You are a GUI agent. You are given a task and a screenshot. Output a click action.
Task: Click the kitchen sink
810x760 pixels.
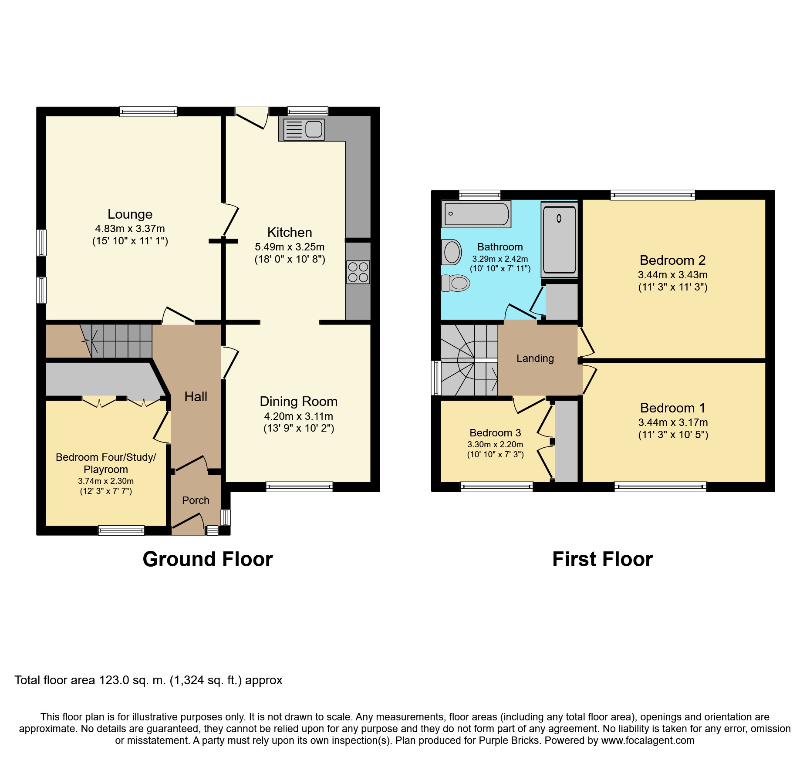(304, 129)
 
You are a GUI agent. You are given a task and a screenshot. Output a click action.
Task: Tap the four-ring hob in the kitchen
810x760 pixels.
(358, 272)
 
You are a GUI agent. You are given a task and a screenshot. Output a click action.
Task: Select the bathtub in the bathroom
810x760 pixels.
(476, 214)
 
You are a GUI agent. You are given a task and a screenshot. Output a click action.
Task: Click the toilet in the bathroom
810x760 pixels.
(456, 283)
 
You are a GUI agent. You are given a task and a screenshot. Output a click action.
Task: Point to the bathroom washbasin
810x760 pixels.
(451, 252)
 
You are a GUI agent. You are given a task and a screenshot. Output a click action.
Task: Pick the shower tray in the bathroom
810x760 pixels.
(559, 239)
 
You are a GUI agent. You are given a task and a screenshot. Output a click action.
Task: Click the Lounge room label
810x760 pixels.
(130, 214)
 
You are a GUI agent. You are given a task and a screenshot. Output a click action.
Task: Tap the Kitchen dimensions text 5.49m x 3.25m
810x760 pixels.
(290, 247)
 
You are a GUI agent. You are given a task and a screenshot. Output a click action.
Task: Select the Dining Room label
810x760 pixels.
(299, 402)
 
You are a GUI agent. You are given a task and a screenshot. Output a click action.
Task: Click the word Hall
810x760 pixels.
(196, 397)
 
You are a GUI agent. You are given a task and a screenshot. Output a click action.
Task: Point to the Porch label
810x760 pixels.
(196, 500)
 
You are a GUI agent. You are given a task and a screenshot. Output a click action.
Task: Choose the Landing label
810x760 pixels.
(535, 358)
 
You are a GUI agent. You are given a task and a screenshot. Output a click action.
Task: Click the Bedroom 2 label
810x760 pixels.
(672, 260)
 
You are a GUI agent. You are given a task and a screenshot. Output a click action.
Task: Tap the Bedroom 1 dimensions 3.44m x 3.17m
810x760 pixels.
(673, 422)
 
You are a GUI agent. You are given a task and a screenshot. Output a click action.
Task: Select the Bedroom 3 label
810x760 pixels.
(495, 433)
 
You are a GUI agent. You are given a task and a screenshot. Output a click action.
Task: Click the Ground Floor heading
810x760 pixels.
(208, 559)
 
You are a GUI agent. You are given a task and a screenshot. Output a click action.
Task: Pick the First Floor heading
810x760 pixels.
(602, 559)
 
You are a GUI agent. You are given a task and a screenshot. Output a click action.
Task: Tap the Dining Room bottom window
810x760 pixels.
(299, 487)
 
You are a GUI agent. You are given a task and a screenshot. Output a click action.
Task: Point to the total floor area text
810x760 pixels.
(148, 680)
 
